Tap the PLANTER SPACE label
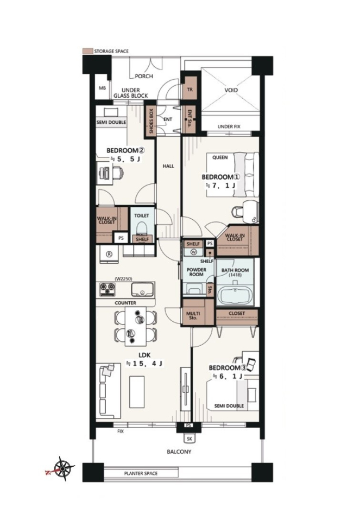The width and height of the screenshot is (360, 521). [x=141, y=473]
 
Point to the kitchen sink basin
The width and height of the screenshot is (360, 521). [x=142, y=289]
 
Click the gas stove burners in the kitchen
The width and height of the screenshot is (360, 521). [x=107, y=289]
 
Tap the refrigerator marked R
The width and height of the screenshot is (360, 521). [x=109, y=255]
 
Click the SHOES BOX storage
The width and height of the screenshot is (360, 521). [x=151, y=121]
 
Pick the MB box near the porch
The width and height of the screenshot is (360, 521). [x=102, y=88]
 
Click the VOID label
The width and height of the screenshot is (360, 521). [x=231, y=90]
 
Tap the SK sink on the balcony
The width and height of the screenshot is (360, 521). [x=190, y=439]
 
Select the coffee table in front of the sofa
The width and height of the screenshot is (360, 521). [x=137, y=392]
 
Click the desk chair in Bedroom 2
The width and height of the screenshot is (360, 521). [x=117, y=173]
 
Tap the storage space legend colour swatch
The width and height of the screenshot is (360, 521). [x=87, y=51]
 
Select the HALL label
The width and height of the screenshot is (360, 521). [x=168, y=166]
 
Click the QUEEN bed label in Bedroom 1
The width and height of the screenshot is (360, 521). [x=220, y=157]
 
